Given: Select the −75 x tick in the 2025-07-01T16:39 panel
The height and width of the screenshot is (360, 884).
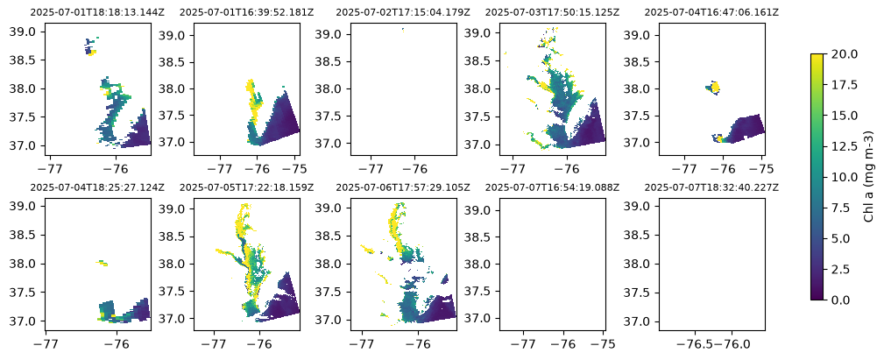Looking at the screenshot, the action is [x=295, y=167].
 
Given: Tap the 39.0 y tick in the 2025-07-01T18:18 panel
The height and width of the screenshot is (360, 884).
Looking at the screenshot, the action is [x=21, y=32].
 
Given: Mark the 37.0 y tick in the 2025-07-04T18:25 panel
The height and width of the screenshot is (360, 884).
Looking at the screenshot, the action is [x=21, y=321].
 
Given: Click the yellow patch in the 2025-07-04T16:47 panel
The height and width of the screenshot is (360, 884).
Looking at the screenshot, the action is [x=715, y=88].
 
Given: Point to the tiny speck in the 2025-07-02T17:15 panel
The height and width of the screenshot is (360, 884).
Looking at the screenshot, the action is [x=403, y=29].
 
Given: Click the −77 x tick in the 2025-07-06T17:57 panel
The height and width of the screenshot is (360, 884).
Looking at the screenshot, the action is [x=361, y=342].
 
